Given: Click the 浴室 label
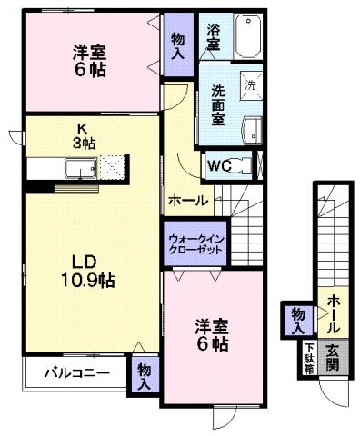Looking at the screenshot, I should coord(213,37).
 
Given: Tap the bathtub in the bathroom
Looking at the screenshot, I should coord(247,37).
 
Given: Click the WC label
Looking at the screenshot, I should coord(219,165).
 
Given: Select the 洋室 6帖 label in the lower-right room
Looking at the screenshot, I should coord(212,336).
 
